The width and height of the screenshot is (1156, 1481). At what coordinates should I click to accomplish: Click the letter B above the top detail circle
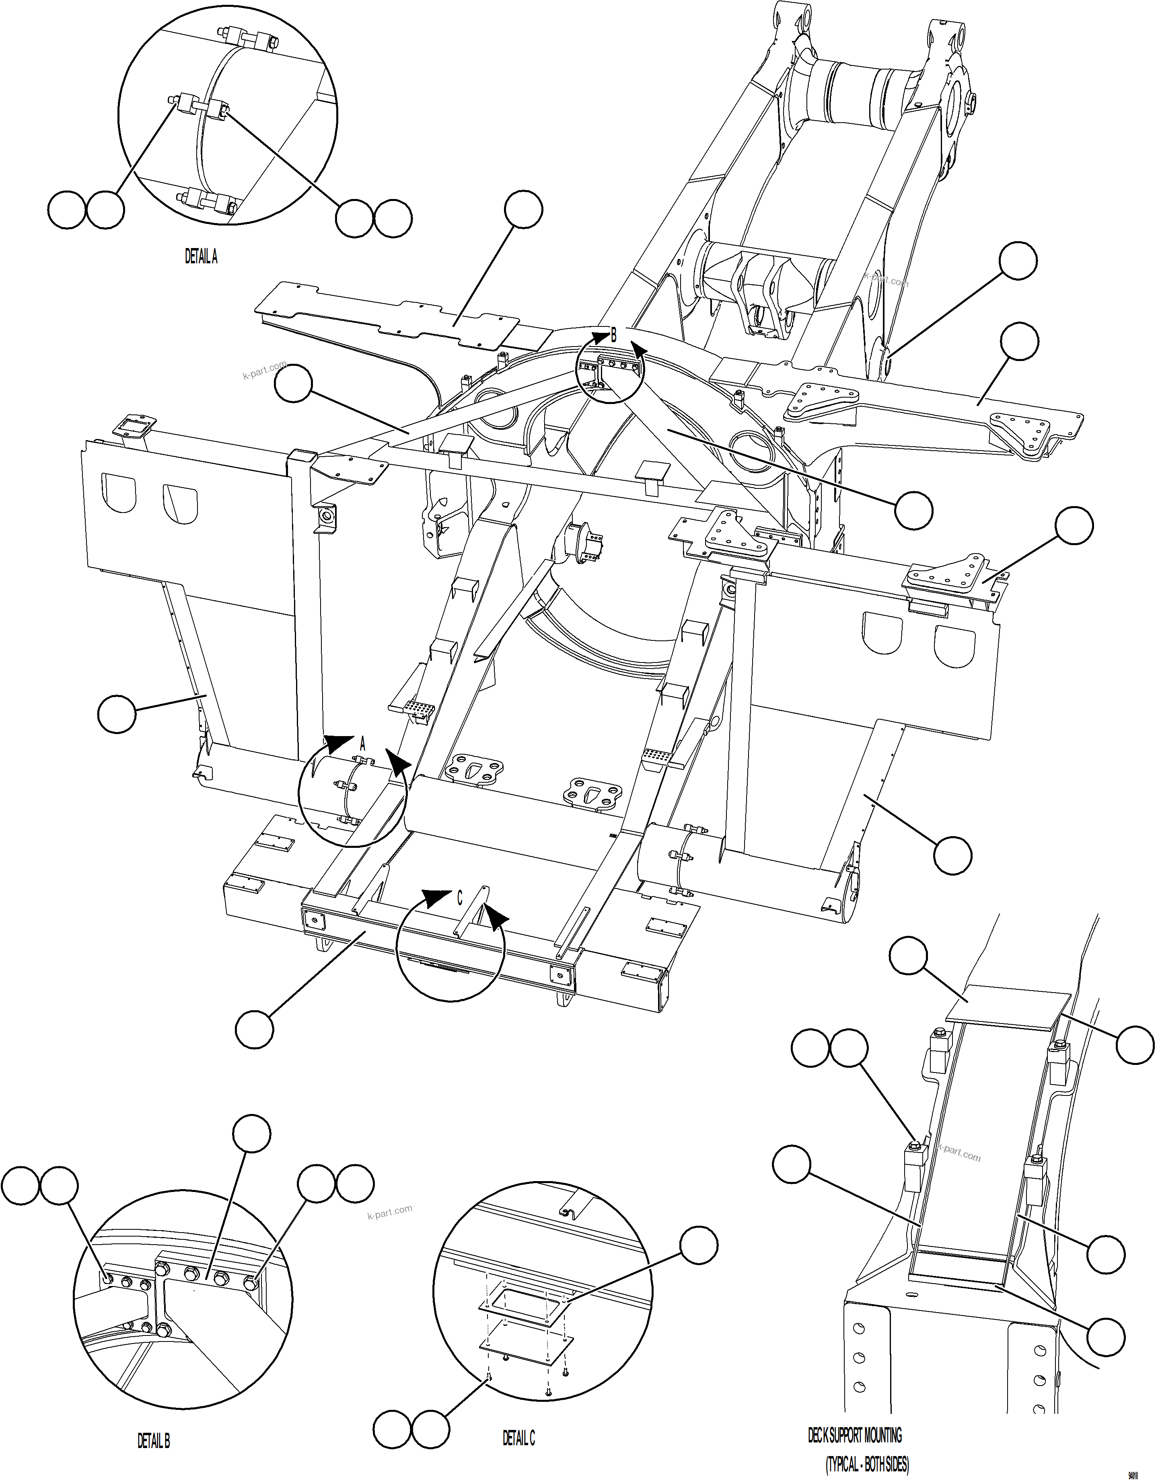(613, 334)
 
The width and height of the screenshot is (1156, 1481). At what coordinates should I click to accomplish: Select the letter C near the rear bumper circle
(459, 898)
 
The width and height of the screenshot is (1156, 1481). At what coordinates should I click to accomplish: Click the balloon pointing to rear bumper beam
(254, 1029)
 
